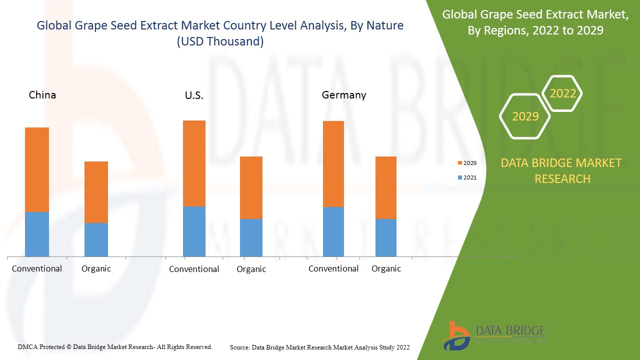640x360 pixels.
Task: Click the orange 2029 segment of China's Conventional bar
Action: (37, 169)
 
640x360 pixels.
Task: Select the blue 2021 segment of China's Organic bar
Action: (96, 239)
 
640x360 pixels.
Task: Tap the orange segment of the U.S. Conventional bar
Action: (194, 163)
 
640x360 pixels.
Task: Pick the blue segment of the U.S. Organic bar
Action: (251, 237)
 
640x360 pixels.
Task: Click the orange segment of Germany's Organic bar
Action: (386, 187)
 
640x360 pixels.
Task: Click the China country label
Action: (42, 95)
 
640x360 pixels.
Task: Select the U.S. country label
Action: (194, 95)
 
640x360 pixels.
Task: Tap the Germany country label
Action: (344, 95)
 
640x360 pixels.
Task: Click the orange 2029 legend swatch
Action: (459, 163)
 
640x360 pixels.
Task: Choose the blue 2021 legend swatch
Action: (459, 177)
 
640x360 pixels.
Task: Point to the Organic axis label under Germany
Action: (386, 268)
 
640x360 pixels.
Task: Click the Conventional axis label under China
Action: (37, 268)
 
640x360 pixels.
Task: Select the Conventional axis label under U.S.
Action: (194, 269)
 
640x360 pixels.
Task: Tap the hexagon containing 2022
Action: (562, 93)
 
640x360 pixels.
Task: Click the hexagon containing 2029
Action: (525, 116)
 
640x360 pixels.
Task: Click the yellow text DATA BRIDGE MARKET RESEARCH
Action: (561, 170)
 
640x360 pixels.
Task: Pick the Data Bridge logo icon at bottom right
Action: (456, 335)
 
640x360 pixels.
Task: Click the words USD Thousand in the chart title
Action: (220, 41)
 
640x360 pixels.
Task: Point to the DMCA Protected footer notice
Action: (115, 346)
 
